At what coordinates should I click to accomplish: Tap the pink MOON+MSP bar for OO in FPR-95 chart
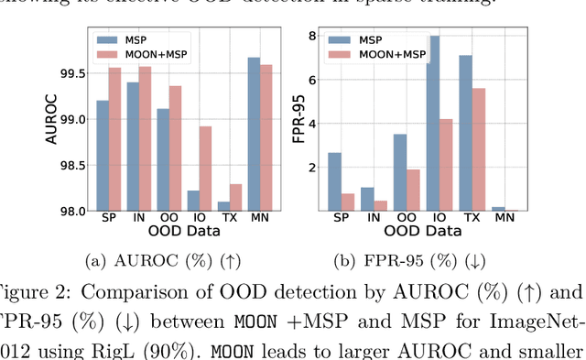(x=413, y=190)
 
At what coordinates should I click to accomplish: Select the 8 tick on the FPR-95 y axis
(x=311, y=36)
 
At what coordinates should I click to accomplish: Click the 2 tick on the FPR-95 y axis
(x=311, y=168)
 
